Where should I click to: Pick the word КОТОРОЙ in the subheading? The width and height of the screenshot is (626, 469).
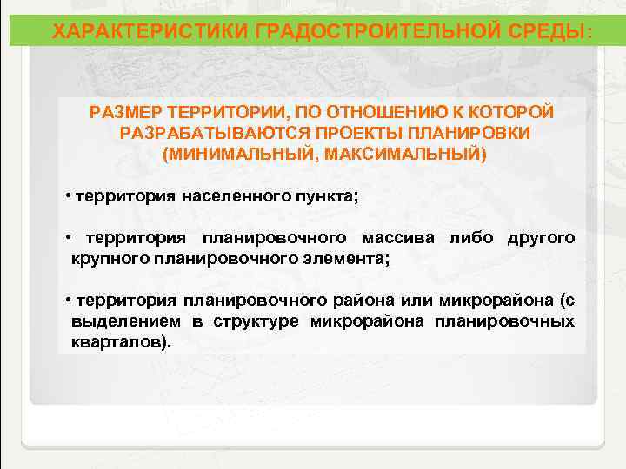point(516,113)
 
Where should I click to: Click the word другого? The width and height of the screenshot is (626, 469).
point(541,238)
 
